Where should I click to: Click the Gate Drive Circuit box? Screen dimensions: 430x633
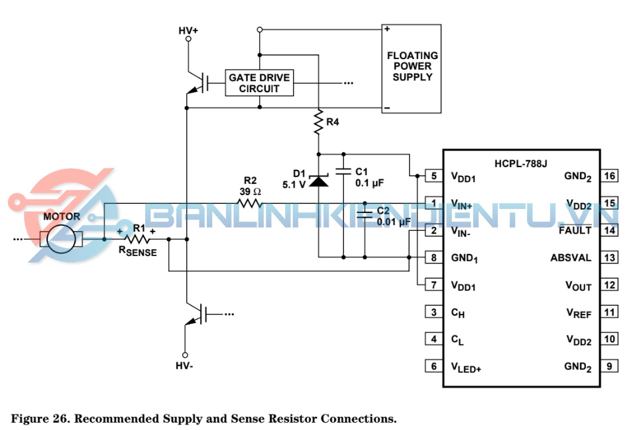point(259,83)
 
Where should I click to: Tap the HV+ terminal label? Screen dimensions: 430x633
point(188,31)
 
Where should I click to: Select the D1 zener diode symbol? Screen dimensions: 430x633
point(319,179)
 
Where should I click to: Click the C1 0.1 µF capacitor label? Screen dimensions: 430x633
point(369,176)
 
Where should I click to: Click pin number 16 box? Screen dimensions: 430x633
point(610,176)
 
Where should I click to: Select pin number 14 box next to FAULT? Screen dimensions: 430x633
point(610,230)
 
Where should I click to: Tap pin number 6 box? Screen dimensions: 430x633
point(433,366)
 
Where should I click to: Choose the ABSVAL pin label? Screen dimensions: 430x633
point(571,257)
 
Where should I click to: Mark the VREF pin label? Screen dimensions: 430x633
point(578,313)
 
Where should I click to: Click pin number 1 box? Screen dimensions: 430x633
point(433,203)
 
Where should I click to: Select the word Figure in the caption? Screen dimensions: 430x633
point(30,419)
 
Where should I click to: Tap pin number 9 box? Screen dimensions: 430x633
point(610,366)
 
